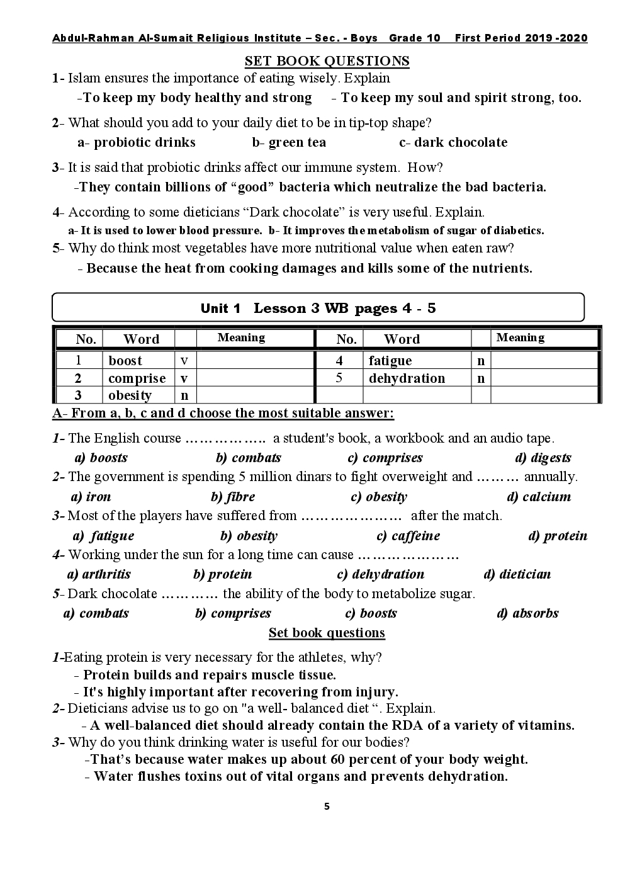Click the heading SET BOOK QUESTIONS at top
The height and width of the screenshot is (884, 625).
(327, 61)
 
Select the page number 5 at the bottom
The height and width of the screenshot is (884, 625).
(327, 807)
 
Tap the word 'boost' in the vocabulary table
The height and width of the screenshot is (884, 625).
(125, 361)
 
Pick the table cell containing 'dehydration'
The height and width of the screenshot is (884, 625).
(407, 378)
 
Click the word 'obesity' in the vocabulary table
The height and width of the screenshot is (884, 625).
(130, 395)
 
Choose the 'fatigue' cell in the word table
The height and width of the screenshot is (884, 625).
(390, 361)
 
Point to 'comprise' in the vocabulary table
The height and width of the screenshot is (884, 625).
(137, 378)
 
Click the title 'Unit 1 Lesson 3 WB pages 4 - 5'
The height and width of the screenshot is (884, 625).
(318, 308)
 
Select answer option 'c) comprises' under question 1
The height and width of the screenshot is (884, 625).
(385, 458)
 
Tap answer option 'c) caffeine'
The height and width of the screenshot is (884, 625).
(408, 536)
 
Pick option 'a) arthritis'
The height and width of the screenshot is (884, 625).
(99, 574)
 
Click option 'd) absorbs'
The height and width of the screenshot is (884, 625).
(527, 613)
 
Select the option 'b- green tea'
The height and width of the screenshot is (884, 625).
(289, 142)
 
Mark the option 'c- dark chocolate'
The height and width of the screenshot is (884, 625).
(453, 142)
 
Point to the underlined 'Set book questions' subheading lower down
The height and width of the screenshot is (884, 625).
(327, 633)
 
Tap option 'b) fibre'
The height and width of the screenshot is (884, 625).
(233, 497)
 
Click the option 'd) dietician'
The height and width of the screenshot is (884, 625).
(517, 574)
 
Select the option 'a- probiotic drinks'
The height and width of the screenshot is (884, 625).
(137, 142)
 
